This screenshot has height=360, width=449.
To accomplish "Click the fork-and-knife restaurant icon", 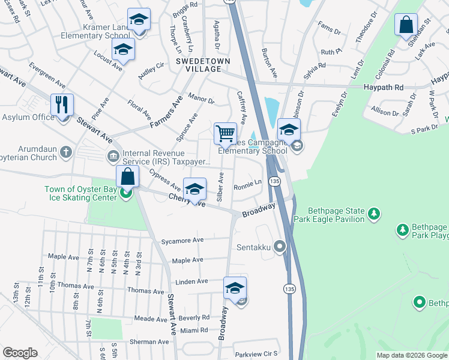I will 62,105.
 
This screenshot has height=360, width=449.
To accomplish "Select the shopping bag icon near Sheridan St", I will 406,25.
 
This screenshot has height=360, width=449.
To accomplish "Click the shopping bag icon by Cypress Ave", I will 127,177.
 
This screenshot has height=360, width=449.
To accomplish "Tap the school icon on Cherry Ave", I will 194,189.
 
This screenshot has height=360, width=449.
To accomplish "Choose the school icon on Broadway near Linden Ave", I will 235,288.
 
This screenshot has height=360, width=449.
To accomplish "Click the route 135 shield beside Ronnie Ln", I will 274,181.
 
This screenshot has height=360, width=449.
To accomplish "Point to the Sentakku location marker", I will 279,246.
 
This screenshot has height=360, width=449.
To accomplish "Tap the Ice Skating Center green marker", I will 125,193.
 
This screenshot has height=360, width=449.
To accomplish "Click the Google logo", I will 20,353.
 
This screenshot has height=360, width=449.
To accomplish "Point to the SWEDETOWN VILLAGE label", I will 199,65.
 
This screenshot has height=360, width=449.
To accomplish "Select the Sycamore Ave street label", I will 182,240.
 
